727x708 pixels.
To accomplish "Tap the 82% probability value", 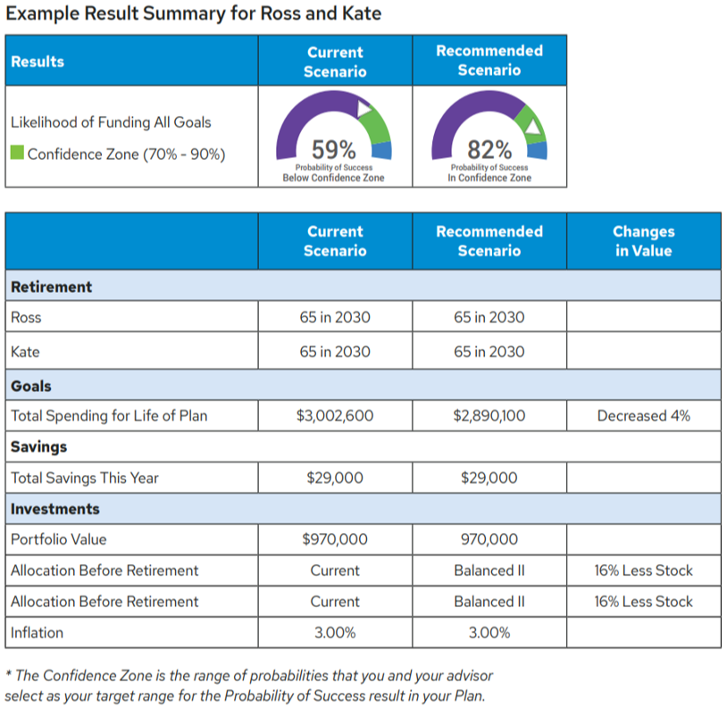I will pos(489,148).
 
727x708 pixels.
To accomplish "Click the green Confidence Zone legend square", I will pos(17,153).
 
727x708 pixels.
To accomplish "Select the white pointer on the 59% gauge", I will pos(363,109).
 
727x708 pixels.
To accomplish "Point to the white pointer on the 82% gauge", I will pos(533,128).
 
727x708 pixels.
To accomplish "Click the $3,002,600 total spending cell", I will pos(335,415).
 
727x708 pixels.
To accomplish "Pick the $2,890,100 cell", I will pos(489,415).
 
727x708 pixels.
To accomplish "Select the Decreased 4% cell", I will pos(643,415).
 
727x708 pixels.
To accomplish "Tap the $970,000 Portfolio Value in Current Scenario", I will pos(335,539).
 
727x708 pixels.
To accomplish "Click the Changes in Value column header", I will pos(643,241).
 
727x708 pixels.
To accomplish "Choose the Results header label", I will pos(38,62).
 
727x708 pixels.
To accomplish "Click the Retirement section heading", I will pos(51,287).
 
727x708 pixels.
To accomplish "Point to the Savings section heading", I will pos(38,446).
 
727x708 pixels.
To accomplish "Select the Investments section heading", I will pos(55,509).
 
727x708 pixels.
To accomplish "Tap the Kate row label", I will pos(25,352).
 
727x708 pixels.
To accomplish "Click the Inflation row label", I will pos(37,633).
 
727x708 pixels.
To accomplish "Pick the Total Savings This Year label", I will pos(84,478).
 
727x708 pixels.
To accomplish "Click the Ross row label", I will pos(26,317).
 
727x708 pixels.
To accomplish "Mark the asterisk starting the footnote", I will pos(8,675).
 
